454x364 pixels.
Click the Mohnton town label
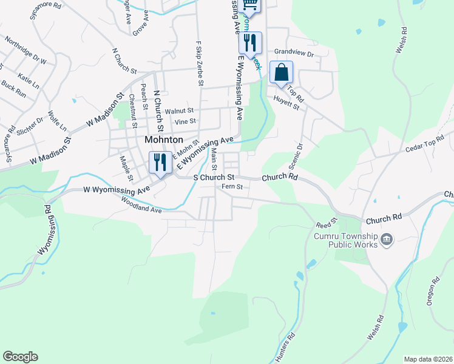point(164,139)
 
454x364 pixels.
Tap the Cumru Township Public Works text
point(354,240)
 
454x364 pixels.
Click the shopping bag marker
point(281,72)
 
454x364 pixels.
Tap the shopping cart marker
point(249,5)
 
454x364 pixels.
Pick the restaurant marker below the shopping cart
point(249,42)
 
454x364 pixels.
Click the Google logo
point(20,357)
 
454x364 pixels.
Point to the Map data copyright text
point(428,359)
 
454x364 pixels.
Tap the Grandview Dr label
point(293,53)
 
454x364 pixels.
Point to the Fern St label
point(232,187)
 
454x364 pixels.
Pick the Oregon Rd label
point(432,292)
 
